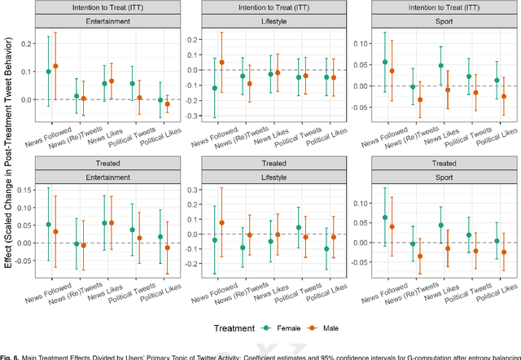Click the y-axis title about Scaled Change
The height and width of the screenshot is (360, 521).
point(7,163)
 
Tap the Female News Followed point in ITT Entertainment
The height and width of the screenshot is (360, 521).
point(48,72)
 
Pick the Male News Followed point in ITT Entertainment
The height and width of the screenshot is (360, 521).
point(55,66)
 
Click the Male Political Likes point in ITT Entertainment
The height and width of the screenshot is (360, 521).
point(168,104)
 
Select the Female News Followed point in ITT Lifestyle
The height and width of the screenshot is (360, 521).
point(215,88)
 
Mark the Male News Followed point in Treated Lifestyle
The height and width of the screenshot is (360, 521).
point(221,222)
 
